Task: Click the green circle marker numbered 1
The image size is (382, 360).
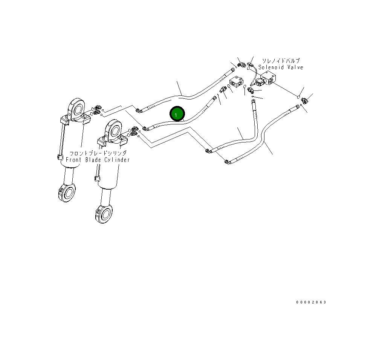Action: (x=177, y=114)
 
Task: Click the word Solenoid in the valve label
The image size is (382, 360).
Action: (x=272, y=67)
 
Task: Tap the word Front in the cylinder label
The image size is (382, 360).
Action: (x=73, y=160)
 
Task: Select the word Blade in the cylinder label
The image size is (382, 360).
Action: (x=94, y=160)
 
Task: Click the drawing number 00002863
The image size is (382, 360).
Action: (x=311, y=302)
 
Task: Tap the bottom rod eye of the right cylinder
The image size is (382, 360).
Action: (x=104, y=214)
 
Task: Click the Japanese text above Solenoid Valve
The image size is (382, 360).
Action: (x=281, y=61)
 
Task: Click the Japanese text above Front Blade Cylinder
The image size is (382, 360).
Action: (x=98, y=153)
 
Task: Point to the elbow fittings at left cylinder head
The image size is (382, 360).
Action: (x=96, y=110)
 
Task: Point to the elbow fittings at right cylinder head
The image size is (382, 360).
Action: (x=134, y=130)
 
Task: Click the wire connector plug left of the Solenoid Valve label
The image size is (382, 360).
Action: (x=250, y=65)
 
